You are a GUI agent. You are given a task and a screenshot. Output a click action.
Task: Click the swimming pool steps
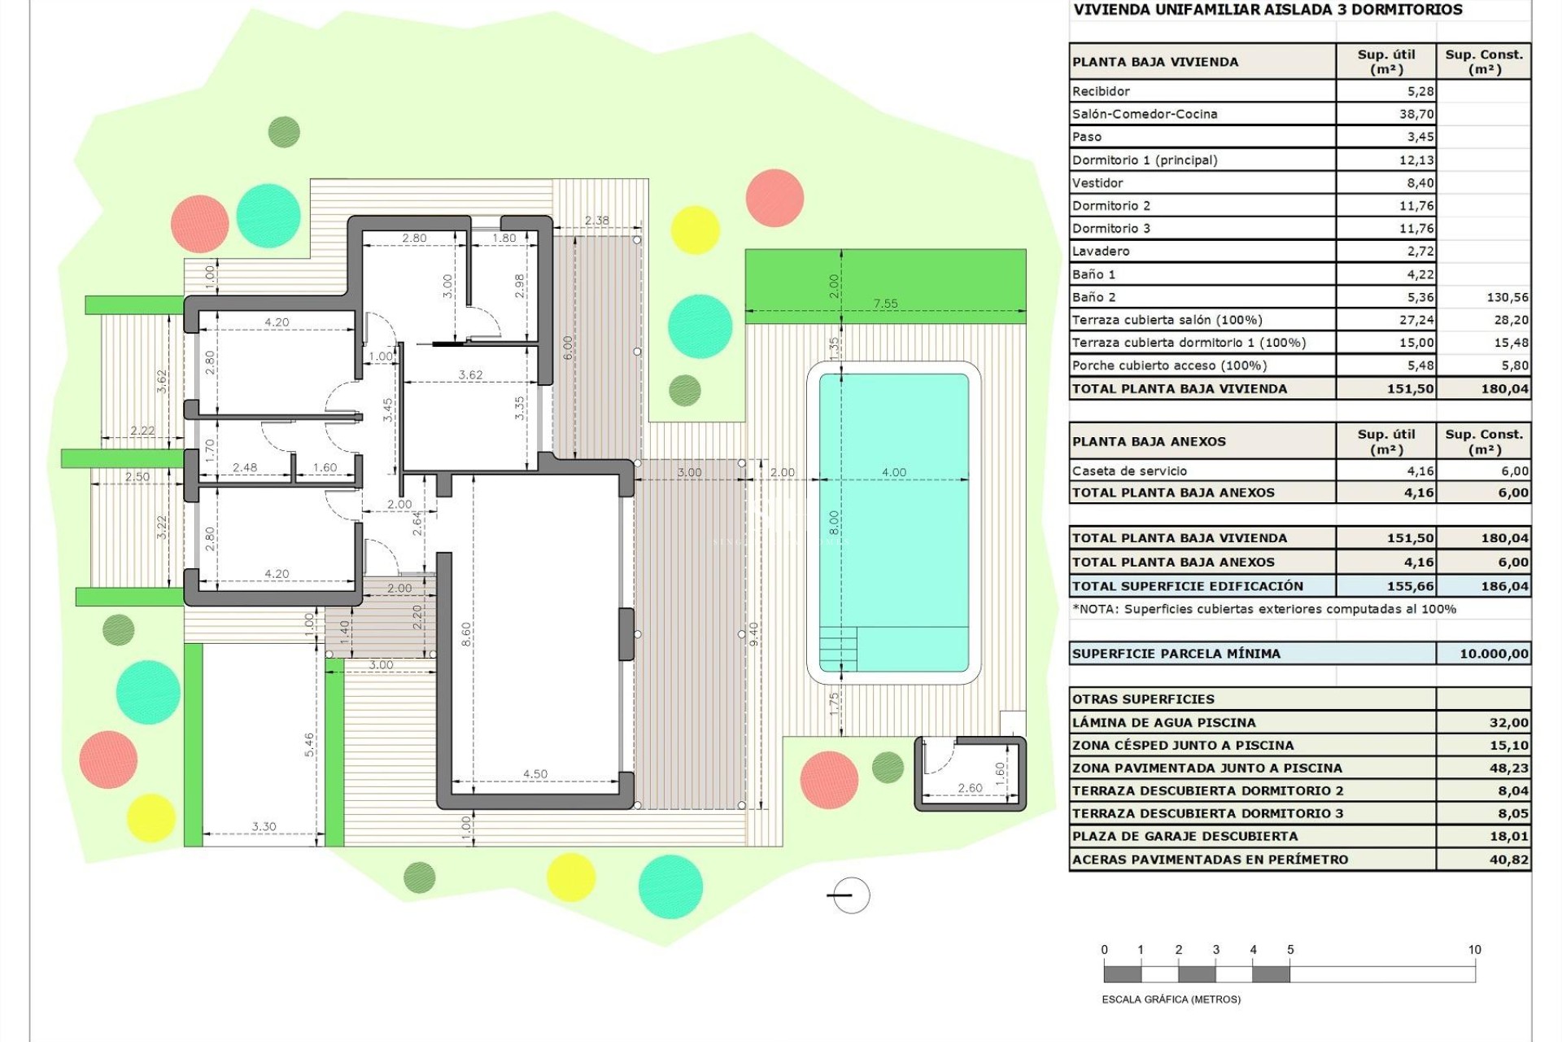[x=838, y=648]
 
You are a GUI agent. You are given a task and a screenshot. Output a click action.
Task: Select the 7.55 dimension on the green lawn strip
[x=885, y=304]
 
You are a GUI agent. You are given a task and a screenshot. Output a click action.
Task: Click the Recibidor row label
[x=1101, y=91]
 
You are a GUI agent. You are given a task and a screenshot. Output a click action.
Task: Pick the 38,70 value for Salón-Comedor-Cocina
[x=1416, y=114]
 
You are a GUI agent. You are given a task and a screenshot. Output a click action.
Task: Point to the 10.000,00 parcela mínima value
[x=1494, y=654]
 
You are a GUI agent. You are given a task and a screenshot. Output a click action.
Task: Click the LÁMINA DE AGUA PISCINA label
[x=1163, y=723]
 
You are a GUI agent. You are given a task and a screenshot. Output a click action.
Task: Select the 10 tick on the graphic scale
[x=1474, y=950]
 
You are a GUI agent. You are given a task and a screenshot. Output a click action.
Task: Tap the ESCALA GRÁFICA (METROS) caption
[x=1171, y=999]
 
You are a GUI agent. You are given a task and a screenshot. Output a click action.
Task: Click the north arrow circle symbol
[x=852, y=895]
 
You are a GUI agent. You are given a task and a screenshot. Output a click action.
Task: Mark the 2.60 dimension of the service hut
[x=970, y=788]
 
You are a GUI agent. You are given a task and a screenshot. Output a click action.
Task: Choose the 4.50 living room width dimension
[x=534, y=774]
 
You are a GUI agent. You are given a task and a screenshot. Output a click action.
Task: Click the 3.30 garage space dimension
[x=264, y=826]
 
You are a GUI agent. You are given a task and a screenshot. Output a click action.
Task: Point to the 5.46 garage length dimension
[x=309, y=745]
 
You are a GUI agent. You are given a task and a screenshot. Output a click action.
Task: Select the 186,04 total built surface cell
[x=1504, y=586]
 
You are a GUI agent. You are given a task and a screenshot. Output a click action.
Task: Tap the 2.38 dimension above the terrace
[x=596, y=221]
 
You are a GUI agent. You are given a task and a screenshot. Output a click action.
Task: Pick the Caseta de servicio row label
[x=1129, y=471]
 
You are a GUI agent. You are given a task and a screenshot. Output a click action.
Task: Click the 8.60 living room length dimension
[x=466, y=635]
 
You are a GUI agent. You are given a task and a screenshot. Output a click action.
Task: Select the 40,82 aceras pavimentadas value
[x=1508, y=860]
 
